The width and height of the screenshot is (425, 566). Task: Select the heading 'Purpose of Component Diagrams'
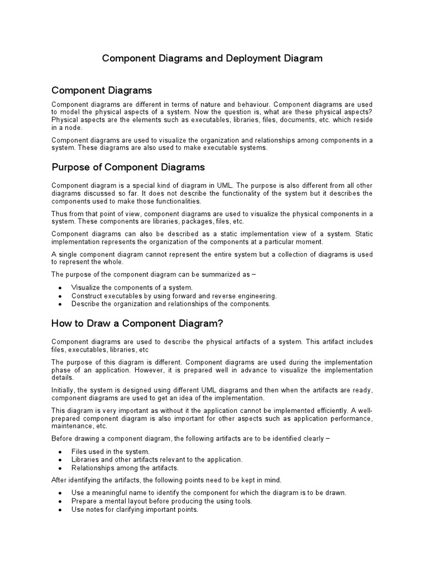(128, 167)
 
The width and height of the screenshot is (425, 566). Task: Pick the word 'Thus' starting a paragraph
(59, 214)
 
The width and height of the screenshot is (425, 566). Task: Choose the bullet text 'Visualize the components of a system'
(132, 287)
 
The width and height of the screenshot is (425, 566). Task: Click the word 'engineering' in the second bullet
(256, 296)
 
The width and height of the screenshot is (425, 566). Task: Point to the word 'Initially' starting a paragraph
(65, 390)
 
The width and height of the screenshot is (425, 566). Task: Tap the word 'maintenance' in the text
(72, 426)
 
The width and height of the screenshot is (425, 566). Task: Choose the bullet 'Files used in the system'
(110, 452)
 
